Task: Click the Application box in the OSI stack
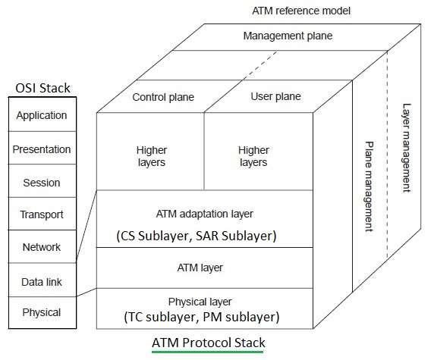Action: tap(42, 116)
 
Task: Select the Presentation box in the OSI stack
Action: tap(42, 149)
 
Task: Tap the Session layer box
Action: tap(42, 183)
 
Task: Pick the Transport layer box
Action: tap(42, 214)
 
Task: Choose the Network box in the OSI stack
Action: tap(42, 247)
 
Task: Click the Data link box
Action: tap(42, 282)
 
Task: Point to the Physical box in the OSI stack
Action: tap(42, 312)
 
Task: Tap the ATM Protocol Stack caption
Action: tap(209, 343)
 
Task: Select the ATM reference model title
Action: tap(291, 11)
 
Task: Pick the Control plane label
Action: tap(163, 97)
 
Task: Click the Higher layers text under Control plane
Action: tap(152, 157)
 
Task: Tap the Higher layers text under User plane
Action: tap(253, 157)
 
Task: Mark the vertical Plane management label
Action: tap(370, 185)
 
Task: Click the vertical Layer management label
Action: tap(407, 148)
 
